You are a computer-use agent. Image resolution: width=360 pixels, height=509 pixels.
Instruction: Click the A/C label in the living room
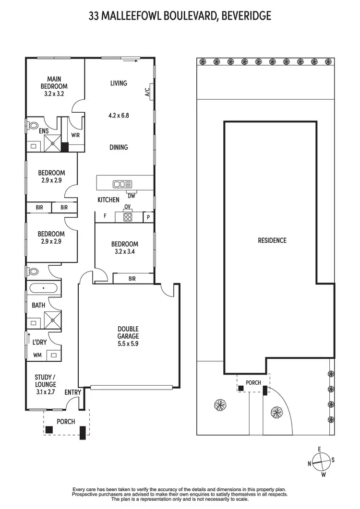tap(147, 91)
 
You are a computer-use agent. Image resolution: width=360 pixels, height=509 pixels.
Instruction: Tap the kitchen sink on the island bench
tap(122, 184)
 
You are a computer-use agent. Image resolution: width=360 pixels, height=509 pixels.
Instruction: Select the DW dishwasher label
tap(131, 195)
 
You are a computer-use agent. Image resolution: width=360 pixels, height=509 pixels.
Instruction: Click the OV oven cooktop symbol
tap(128, 217)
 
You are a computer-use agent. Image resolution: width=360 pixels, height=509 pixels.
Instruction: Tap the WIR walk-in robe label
tap(75, 135)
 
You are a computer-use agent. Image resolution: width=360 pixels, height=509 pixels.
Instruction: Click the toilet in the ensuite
tap(33, 126)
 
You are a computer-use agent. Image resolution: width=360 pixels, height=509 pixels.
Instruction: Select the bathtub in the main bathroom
tap(44, 289)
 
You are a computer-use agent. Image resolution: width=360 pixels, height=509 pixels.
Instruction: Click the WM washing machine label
tap(37, 355)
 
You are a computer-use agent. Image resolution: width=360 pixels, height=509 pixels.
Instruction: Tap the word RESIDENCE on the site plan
tap(272, 240)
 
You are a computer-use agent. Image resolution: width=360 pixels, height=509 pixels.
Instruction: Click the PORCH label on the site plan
tap(253, 383)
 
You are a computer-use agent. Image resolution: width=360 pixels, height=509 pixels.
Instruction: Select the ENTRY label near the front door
tap(73, 392)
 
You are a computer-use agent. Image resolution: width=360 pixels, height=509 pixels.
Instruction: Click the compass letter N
tap(310, 463)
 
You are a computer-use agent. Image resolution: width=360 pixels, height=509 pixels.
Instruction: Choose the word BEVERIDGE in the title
tap(245, 16)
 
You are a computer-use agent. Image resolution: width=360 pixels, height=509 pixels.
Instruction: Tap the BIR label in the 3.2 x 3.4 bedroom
tap(132, 278)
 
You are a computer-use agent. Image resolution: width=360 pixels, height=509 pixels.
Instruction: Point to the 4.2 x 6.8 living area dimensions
tap(119, 115)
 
